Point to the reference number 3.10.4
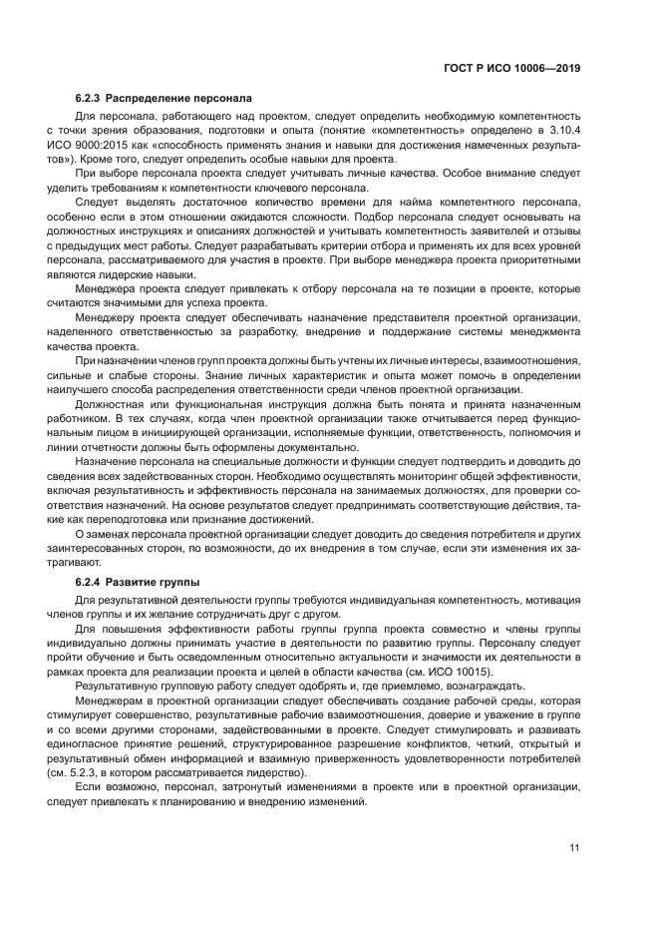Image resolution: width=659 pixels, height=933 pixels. [560, 129]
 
